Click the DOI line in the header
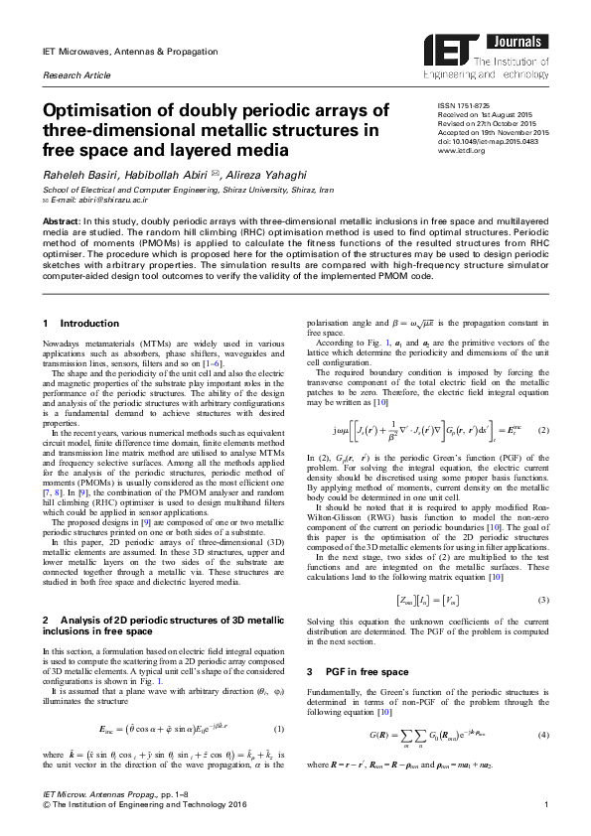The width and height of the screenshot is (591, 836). pyautogui.click(x=481, y=142)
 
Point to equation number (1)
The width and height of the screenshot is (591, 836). pyautogui.click(x=279, y=729)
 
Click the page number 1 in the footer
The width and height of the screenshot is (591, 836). pyautogui.click(x=546, y=817)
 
